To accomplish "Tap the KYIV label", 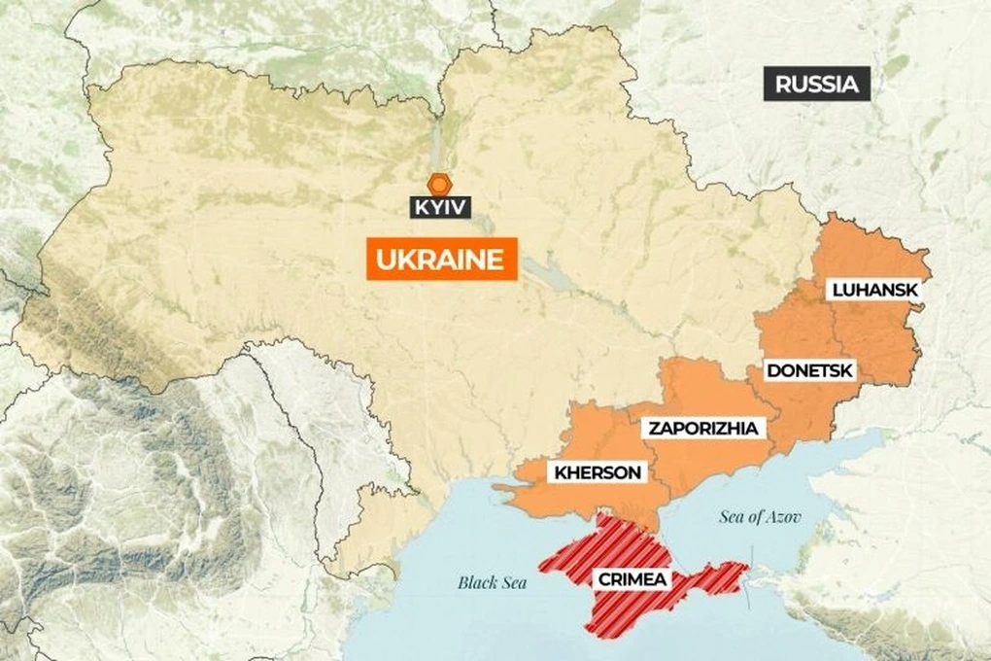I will click(x=440, y=207).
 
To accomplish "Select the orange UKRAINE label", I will click(x=441, y=260).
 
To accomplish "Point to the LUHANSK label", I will click(x=873, y=289).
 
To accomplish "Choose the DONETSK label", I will click(x=809, y=369).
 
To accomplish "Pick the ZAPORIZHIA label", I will click(x=702, y=427).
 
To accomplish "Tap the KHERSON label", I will click(x=598, y=473).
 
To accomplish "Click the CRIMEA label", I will click(x=632, y=579).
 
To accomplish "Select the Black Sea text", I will click(x=492, y=583).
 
